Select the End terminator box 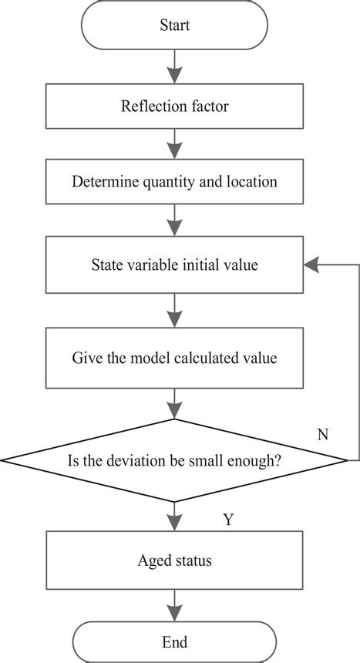[x=175, y=641]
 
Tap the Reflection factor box [x=175, y=106]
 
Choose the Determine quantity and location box [x=175, y=183]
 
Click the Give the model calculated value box [x=175, y=358]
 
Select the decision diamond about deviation [x=175, y=461]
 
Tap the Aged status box [x=175, y=560]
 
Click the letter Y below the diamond [x=228, y=520]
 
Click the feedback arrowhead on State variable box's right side [x=311, y=264]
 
